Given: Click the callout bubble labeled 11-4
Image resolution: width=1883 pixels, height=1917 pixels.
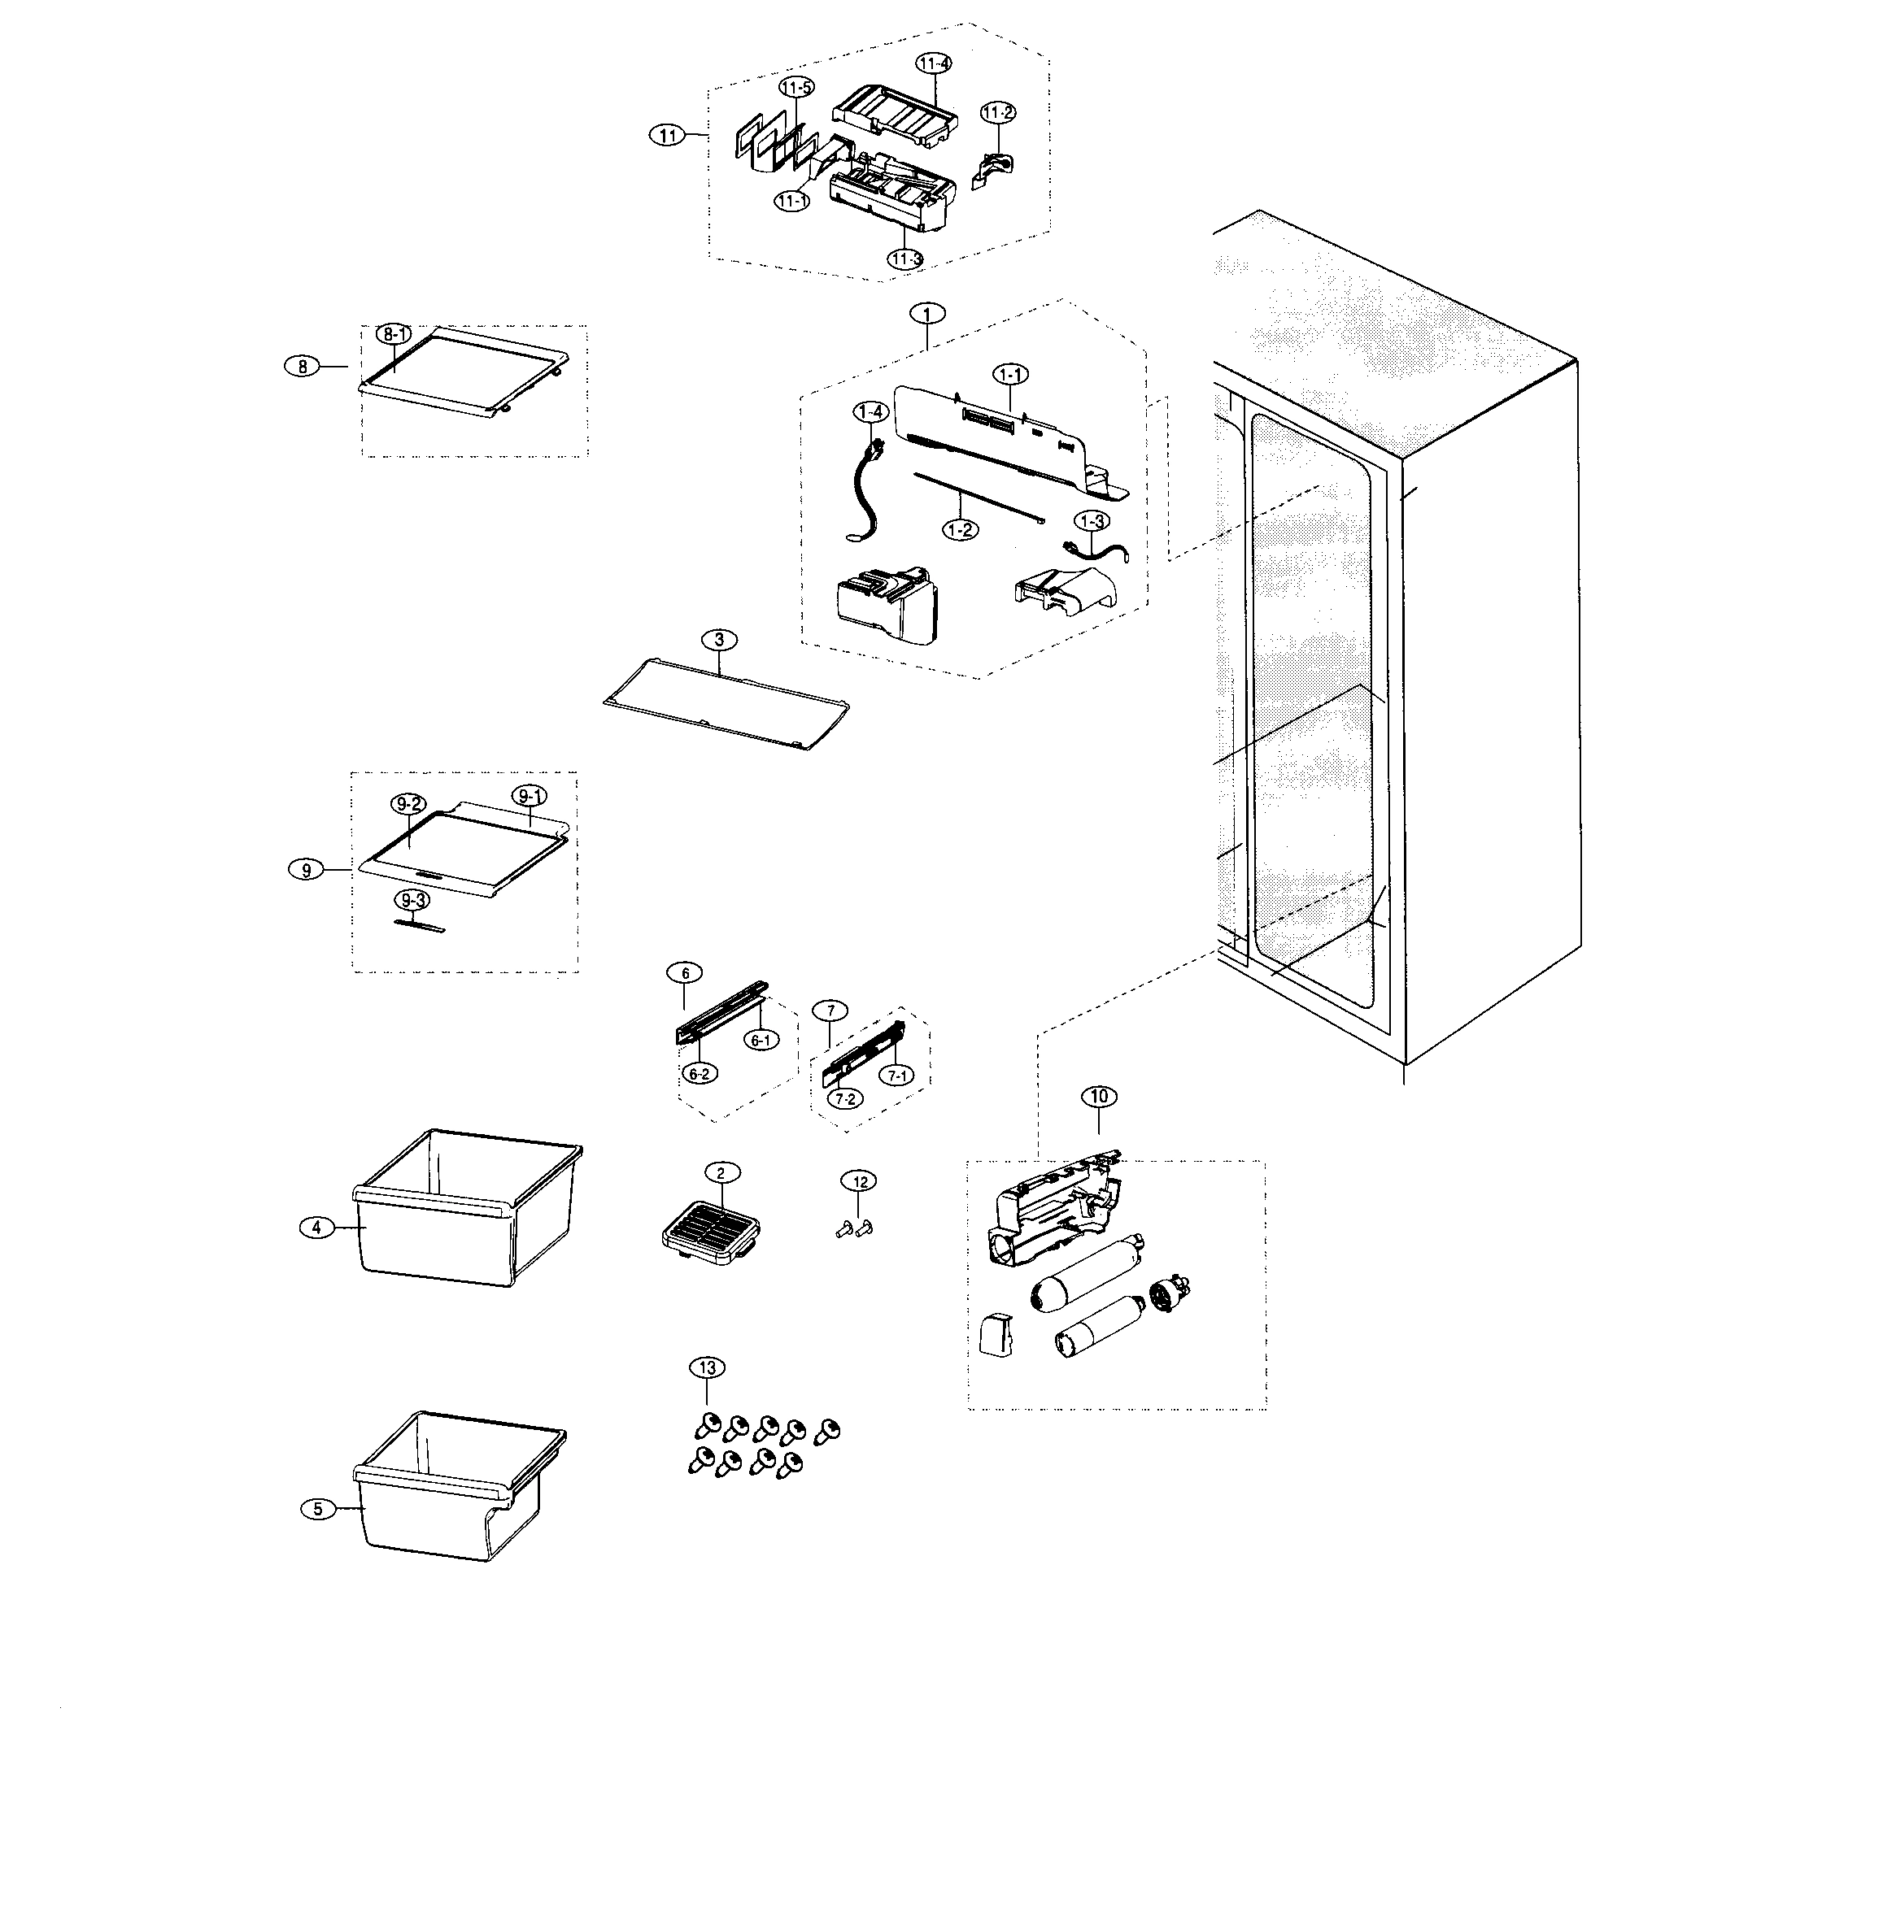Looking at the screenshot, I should click(934, 63).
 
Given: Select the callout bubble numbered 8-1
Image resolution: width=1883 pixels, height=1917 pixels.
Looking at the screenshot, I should click(394, 335).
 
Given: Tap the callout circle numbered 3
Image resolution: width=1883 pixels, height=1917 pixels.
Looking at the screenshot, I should click(719, 640).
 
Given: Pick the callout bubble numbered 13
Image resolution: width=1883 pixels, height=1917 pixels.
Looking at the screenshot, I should click(706, 1367).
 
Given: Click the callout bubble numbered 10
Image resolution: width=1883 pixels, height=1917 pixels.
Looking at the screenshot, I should click(1099, 1097).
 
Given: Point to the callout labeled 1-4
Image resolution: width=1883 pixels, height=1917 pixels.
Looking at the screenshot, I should click(870, 411).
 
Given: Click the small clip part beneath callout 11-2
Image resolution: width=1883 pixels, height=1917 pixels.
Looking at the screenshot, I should click(994, 170).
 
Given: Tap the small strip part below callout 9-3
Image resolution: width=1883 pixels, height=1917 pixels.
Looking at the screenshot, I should click(420, 925).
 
